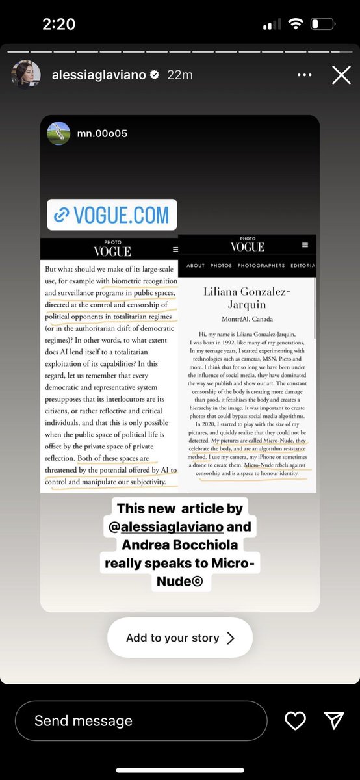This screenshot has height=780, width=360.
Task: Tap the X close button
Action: [341, 75]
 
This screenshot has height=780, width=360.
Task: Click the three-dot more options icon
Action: [304, 75]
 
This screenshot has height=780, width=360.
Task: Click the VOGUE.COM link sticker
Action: [112, 214]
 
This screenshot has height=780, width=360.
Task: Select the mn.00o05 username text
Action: [103, 133]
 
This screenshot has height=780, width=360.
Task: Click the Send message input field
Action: [141, 720]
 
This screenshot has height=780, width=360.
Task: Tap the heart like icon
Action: [296, 720]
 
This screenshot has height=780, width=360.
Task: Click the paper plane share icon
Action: [333, 720]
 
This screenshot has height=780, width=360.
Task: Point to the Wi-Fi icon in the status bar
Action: [296, 25]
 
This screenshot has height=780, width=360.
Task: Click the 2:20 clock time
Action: [59, 25]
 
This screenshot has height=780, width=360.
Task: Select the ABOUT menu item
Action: [196, 266]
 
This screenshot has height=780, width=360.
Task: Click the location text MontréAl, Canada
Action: [247, 320]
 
